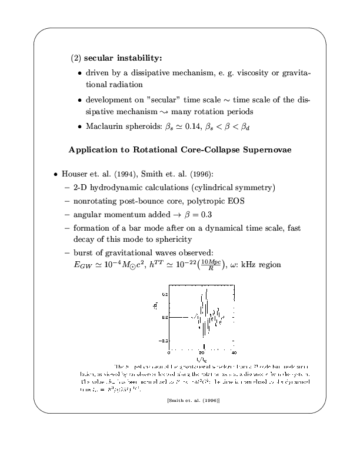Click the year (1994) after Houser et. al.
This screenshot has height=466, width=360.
(x=126, y=175)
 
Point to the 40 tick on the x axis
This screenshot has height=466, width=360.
(x=234, y=352)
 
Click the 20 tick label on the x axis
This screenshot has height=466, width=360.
(x=202, y=352)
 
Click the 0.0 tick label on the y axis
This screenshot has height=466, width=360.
(x=164, y=317)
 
